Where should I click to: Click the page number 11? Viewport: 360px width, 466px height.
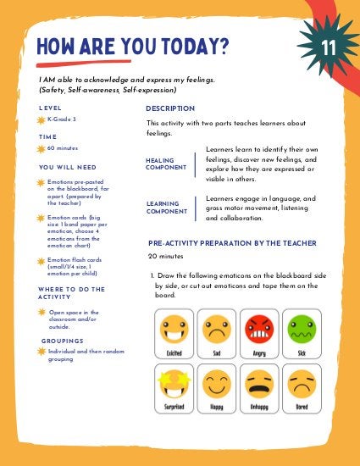coord(329,45)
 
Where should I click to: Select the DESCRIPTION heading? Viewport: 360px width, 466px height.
coord(170,108)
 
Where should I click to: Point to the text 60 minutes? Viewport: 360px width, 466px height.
coord(63,148)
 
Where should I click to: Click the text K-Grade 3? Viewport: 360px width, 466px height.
coord(62,119)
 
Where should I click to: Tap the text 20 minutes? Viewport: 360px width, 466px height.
coord(166,256)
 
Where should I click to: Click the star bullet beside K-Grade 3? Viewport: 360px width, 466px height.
coord(42,120)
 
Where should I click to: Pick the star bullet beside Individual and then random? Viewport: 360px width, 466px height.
coord(42,351)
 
